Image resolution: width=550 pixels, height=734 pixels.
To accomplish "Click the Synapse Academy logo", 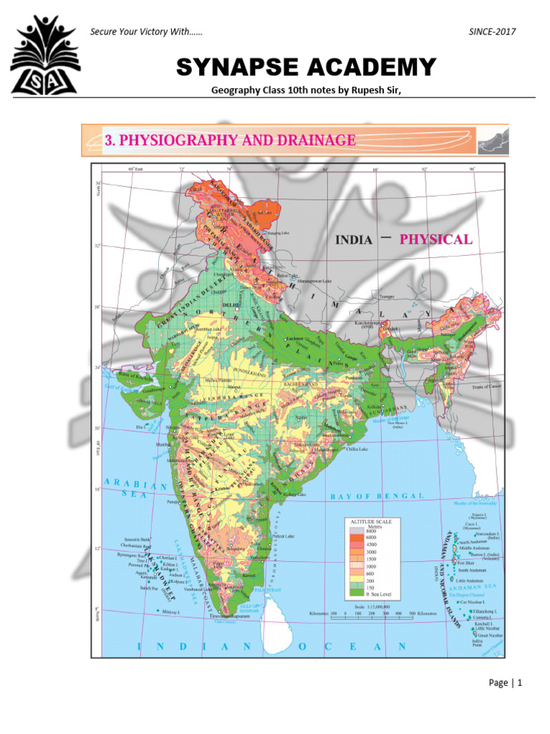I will (x=44, y=57).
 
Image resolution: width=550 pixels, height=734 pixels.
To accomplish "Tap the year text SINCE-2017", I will (x=492, y=32).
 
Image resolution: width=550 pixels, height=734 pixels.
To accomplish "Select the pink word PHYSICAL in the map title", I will (x=435, y=239).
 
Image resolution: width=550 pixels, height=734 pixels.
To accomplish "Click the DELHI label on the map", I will (x=230, y=304).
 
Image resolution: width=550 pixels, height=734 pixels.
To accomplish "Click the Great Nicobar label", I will (x=490, y=634).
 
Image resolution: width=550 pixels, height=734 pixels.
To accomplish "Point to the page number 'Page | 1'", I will (x=506, y=682).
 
